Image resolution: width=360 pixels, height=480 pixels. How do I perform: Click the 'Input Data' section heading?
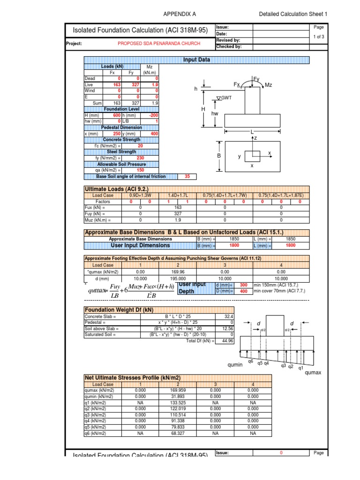(x=196, y=60)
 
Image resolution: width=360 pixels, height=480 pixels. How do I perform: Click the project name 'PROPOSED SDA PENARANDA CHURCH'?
(x=159, y=44)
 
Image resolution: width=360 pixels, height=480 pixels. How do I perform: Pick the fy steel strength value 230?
(x=140, y=158)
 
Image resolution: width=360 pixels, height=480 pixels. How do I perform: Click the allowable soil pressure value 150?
(x=140, y=170)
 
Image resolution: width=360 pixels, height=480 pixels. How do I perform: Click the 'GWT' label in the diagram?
(x=226, y=97)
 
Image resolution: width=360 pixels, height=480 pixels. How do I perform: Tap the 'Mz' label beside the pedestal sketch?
(x=269, y=85)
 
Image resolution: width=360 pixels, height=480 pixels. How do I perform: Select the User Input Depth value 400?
(x=243, y=292)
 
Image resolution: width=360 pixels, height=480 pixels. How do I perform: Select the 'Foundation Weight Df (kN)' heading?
(x=119, y=310)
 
